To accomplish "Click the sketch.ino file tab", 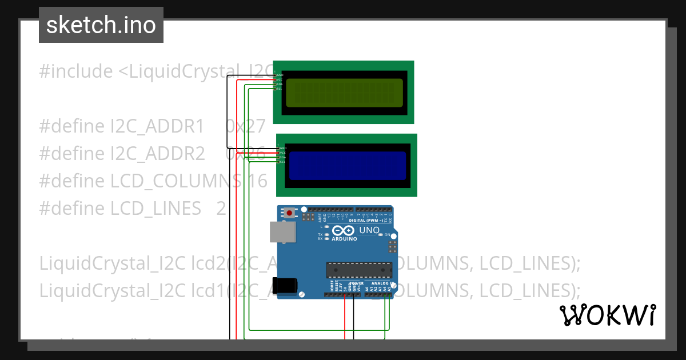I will point(101,25).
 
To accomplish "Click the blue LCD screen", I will point(347,166).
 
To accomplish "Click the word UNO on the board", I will point(369,230).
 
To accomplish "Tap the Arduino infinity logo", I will point(342,230).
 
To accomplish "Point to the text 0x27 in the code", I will point(246,126).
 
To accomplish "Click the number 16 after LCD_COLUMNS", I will point(258,181).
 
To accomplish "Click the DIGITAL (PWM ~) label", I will point(365,220).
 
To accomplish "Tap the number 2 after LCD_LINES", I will point(221,209).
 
